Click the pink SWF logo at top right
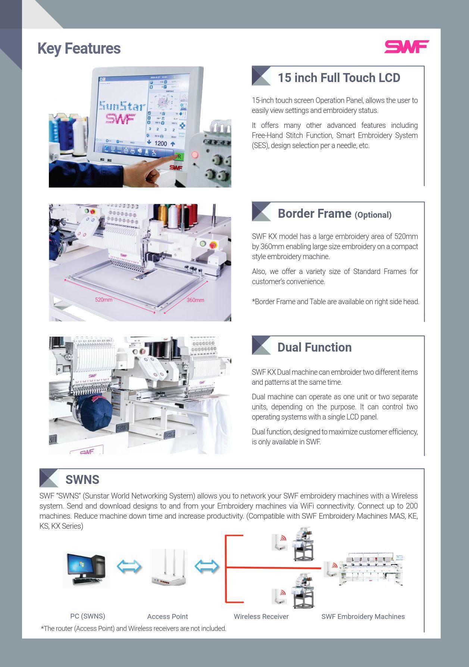click(407, 47)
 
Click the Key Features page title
click(79, 48)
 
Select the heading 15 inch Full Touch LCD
click(339, 78)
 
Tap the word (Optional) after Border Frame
click(373, 215)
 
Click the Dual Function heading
click(314, 347)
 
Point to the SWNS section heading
click(82, 479)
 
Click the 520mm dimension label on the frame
click(103, 300)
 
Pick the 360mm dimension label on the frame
click(195, 300)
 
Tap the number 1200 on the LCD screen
click(160, 143)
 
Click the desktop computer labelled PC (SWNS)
click(86, 569)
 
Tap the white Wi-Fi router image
click(168, 568)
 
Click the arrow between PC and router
click(129, 567)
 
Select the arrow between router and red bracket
click(207, 567)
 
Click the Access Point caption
click(167, 617)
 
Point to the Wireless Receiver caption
click(261, 617)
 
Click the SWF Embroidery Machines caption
click(363, 617)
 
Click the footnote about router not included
click(133, 629)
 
